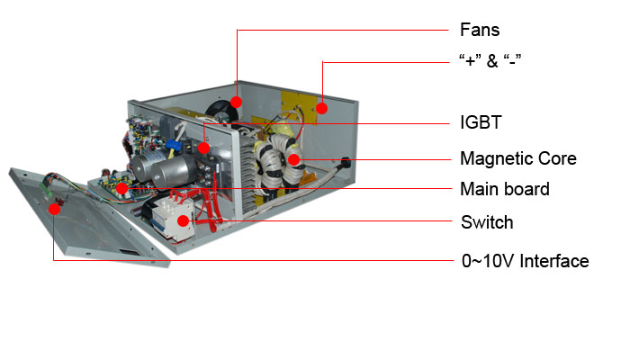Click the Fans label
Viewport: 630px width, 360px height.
(x=480, y=30)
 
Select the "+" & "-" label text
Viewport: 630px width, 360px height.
(x=490, y=60)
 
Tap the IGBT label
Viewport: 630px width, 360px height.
(x=481, y=122)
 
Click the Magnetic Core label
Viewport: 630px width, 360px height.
(x=518, y=158)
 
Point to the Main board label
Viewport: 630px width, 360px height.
(x=505, y=189)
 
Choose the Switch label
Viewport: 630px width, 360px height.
(x=487, y=222)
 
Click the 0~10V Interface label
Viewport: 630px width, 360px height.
(x=525, y=261)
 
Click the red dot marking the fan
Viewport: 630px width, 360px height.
(x=236, y=102)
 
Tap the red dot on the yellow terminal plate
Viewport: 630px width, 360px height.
(x=321, y=108)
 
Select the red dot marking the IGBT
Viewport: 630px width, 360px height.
(x=203, y=148)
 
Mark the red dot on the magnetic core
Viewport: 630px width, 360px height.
(x=294, y=159)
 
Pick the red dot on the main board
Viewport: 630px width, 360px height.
(x=122, y=188)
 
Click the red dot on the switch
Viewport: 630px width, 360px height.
(x=184, y=220)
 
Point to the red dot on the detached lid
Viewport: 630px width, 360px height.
(x=54, y=209)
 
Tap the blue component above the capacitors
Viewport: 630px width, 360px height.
(x=174, y=144)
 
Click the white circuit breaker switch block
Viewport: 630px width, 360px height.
(x=173, y=220)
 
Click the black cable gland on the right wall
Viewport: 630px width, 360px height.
(x=345, y=162)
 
